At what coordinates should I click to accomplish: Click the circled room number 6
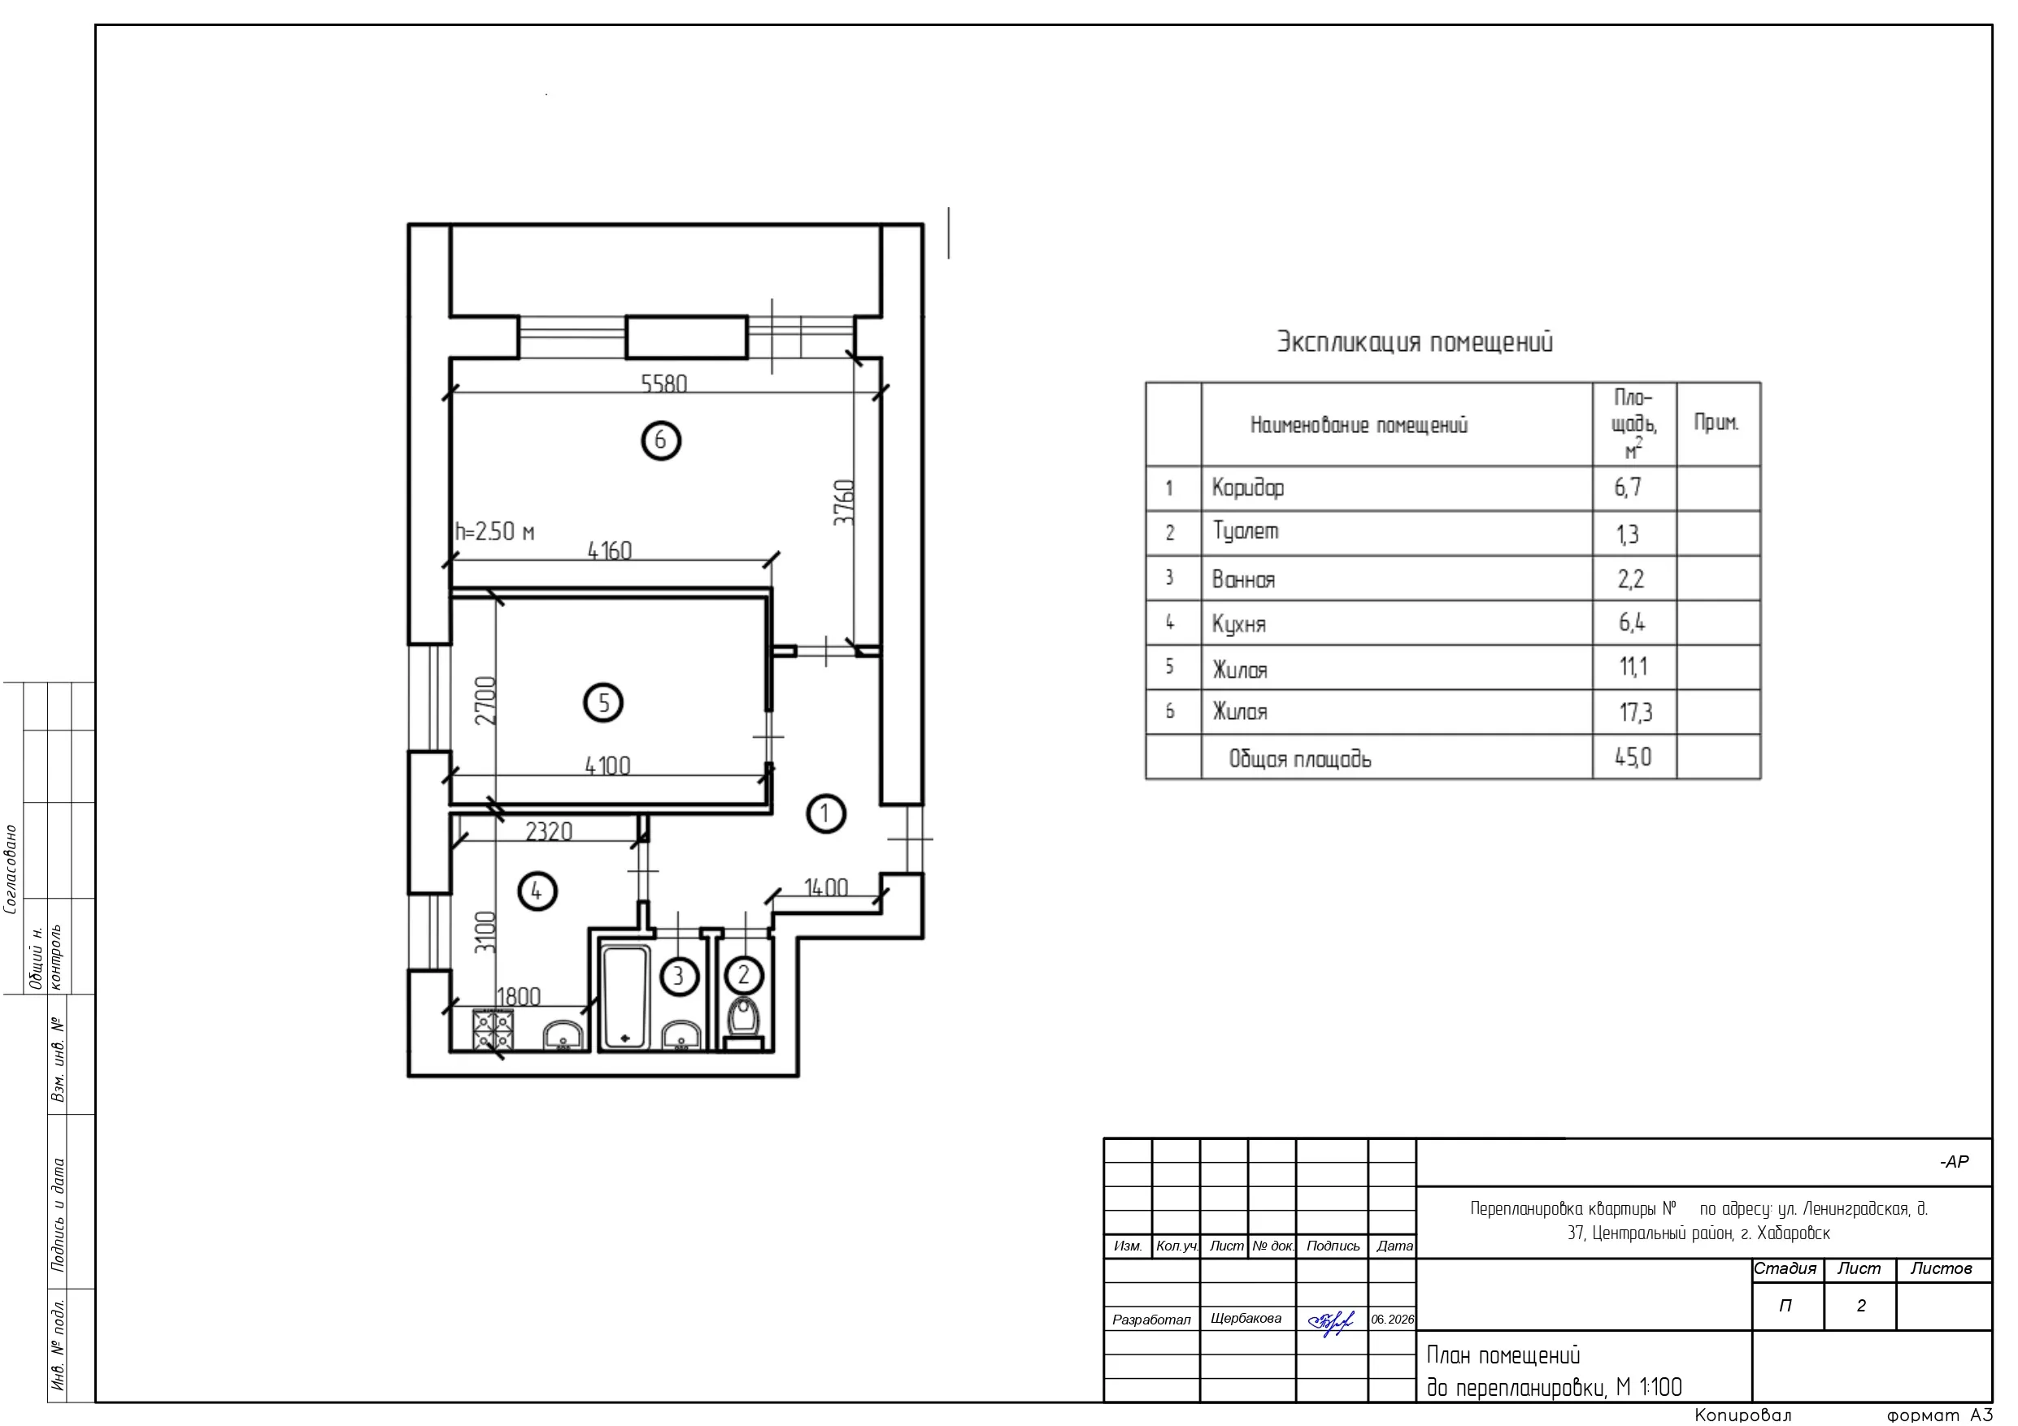[661, 440]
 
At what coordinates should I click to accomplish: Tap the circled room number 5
[603, 703]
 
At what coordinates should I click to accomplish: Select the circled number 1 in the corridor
[825, 813]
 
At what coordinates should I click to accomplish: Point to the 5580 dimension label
[663, 384]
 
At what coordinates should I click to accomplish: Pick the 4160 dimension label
[609, 551]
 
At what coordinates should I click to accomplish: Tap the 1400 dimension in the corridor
[825, 888]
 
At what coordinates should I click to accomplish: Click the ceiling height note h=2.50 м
[495, 531]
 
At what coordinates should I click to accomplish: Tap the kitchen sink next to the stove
[563, 1036]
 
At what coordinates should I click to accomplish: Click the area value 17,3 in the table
[1635, 712]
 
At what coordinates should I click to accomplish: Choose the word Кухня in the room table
[1238, 625]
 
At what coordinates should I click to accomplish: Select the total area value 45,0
[1633, 756]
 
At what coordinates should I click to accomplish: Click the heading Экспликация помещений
[1414, 342]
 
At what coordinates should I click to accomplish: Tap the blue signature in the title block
[1331, 1321]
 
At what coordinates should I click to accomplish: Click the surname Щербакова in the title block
[1246, 1318]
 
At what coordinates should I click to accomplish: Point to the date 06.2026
[1392, 1320]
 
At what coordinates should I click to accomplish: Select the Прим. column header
[1716, 423]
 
